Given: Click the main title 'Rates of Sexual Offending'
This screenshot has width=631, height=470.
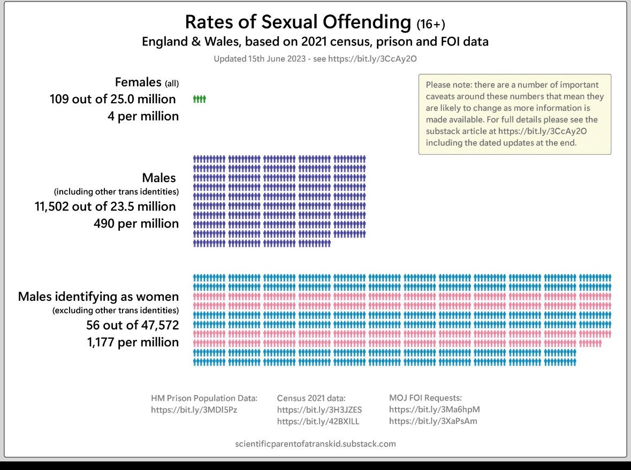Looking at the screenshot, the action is click(x=298, y=22).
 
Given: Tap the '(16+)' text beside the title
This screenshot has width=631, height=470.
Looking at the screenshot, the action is click(x=431, y=24).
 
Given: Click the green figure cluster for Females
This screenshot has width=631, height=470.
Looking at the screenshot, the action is click(x=199, y=99).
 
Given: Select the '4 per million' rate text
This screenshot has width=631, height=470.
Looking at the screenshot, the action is click(x=143, y=116).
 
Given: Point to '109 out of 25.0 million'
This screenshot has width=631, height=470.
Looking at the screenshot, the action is click(x=113, y=99).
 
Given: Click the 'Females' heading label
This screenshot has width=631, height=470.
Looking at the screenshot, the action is click(x=138, y=82).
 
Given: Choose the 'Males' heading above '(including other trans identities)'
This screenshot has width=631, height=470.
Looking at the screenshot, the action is click(x=159, y=178).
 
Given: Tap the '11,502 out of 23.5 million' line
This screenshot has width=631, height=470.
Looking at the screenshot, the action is click(x=105, y=207).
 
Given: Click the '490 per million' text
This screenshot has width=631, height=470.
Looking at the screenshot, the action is click(x=136, y=223).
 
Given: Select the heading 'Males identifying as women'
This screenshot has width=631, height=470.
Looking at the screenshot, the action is click(x=98, y=297).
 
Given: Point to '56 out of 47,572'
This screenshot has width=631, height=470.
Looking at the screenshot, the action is click(x=132, y=325).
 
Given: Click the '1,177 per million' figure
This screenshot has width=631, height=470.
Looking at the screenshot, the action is click(x=133, y=342).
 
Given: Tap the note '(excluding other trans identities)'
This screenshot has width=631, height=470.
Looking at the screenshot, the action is click(x=116, y=310).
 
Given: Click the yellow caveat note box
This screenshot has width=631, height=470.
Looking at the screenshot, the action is click(x=515, y=114).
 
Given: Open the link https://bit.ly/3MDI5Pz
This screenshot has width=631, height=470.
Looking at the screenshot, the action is click(x=194, y=410).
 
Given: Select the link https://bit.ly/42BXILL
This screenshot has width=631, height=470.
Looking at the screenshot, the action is click(x=318, y=421).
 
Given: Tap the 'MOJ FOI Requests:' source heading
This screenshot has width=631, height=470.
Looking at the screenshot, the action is click(x=425, y=398).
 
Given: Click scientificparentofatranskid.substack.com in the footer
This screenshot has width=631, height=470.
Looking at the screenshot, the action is click(x=316, y=444).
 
